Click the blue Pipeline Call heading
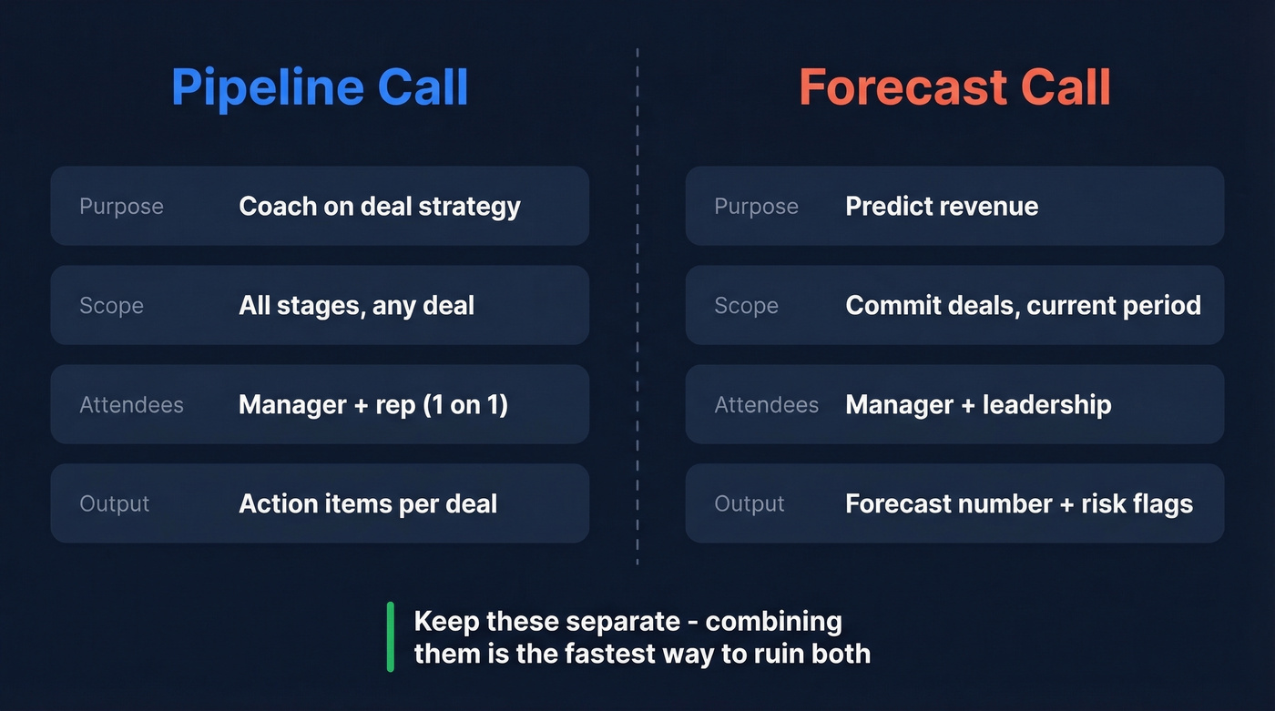[x=320, y=87]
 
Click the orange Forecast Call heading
[x=954, y=87]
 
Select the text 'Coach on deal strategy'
[x=379, y=206]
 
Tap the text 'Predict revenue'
[x=942, y=206]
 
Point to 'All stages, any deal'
[x=356, y=305]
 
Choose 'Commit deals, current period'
[x=1023, y=305]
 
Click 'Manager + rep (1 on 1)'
[x=373, y=404]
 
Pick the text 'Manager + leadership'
[x=978, y=404]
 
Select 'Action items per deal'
[x=368, y=503]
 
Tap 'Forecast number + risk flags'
[x=1018, y=503]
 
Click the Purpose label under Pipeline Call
[x=121, y=207]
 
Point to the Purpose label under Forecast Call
[x=756, y=207]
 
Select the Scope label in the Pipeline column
[x=111, y=306]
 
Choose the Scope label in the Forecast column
[x=746, y=306]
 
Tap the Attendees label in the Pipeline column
[x=131, y=405]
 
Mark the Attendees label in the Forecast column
[x=766, y=405]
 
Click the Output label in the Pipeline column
[x=114, y=504]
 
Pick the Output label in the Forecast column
[x=749, y=504]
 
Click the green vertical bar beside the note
[x=391, y=636]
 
